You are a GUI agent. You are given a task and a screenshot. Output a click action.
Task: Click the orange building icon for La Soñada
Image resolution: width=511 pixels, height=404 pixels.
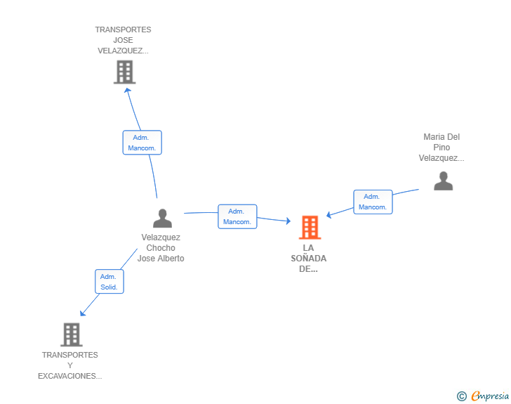(x=310, y=227)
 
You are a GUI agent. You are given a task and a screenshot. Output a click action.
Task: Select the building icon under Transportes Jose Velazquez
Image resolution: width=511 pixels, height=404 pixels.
(x=124, y=72)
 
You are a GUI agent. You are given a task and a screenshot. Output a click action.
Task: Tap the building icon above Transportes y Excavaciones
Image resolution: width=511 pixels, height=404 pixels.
(x=72, y=334)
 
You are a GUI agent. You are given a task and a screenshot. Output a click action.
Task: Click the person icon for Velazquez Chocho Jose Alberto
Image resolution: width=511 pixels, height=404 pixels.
(x=162, y=218)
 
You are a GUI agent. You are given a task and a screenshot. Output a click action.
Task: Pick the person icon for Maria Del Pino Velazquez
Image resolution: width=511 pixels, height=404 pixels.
(x=443, y=181)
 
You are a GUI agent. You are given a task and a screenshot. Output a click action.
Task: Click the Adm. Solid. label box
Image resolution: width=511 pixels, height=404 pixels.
(x=109, y=281)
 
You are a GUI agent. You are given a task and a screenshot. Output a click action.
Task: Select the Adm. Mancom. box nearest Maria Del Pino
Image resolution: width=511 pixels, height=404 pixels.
(x=373, y=202)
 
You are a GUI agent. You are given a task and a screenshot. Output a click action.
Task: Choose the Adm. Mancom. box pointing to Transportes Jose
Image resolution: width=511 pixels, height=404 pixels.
(x=142, y=143)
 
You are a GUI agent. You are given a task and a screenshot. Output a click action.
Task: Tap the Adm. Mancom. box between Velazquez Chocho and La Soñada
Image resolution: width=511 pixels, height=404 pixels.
(x=237, y=216)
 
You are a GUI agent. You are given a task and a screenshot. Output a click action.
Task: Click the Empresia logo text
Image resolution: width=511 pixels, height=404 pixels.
(x=490, y=396)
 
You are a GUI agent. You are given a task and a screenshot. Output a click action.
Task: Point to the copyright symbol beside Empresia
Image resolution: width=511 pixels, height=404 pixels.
(x=461, y=396)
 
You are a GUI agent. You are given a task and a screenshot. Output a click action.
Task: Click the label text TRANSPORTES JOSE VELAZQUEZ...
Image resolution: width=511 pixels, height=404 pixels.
(x=124, y=40)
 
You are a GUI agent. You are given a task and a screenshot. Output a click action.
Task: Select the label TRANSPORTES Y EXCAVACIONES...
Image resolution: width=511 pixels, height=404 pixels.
(x=69, y=365)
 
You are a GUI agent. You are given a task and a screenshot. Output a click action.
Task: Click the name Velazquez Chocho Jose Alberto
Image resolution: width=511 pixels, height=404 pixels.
(x=161, y=248)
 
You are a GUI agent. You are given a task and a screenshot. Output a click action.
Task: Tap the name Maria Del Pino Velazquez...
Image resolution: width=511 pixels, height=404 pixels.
(x=442, y=147)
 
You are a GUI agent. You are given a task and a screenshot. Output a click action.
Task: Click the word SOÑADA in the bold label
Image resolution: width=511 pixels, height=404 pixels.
(x=309, y=258)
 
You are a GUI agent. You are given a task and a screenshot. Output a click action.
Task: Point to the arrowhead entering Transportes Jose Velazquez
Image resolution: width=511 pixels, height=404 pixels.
(x=127, y=90)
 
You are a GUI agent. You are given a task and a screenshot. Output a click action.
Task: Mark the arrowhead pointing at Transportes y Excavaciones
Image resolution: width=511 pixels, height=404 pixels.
(x=82, y=313)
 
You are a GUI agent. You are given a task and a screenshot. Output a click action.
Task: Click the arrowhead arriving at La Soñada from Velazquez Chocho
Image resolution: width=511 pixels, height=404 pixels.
(x=288, y=221)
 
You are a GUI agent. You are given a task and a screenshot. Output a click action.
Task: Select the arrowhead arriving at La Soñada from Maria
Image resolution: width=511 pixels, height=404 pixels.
(x=328, y=215)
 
